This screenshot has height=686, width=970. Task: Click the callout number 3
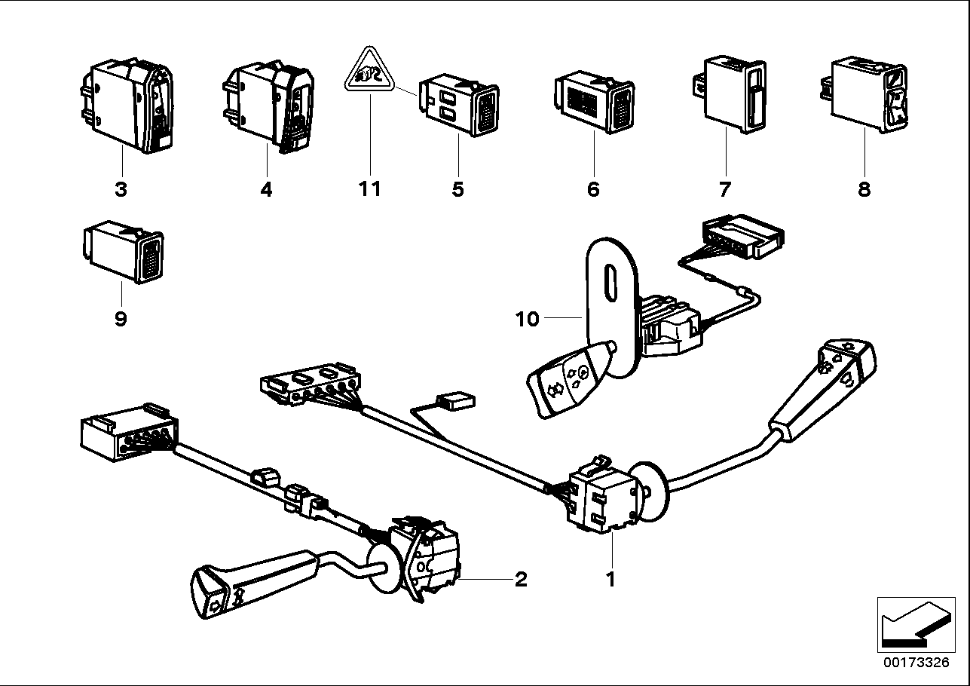pyautogui.click(x=121, y=188)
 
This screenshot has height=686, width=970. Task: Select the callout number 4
pyautogui.click(x=265, y=188)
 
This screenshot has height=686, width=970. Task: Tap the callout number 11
pyautogui.click(x=370, y=188)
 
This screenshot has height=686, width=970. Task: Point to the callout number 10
pyautogui.click(x=528, y=320)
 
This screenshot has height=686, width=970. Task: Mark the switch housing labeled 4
pyautogui.click(x=268, y=106)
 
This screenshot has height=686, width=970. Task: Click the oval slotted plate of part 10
pyautogui.click(x=610, y=302)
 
